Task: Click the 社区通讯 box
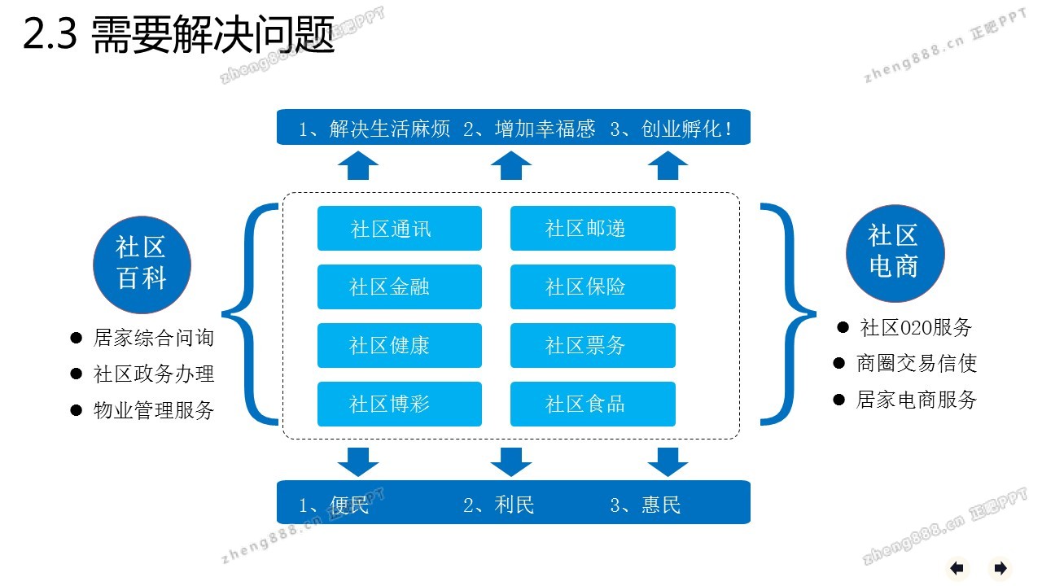399,229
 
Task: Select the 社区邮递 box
593,229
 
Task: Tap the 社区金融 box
399,287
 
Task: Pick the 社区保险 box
593,287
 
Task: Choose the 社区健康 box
399,346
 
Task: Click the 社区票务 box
593,346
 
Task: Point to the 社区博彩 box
399,405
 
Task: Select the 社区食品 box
593,405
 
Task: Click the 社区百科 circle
142,264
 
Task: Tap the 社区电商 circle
895,252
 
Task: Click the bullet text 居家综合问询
154,338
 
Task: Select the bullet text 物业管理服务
154,410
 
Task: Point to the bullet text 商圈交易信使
916,363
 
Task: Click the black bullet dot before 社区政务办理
77,374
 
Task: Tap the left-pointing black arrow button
957,568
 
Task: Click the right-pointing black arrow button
1000,568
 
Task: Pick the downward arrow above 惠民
668,461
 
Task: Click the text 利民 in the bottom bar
514,505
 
